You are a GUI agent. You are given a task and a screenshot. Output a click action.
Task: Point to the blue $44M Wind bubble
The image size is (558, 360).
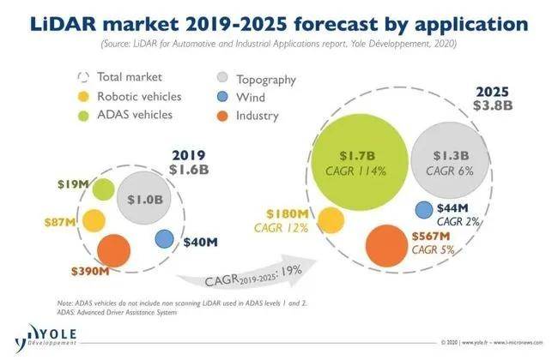click(x=423, y=210)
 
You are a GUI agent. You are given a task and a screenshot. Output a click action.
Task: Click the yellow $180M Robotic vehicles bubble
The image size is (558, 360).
click(x=324, y=221)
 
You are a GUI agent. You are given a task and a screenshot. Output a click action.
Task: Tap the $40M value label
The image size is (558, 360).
click(x=200, y=242)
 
